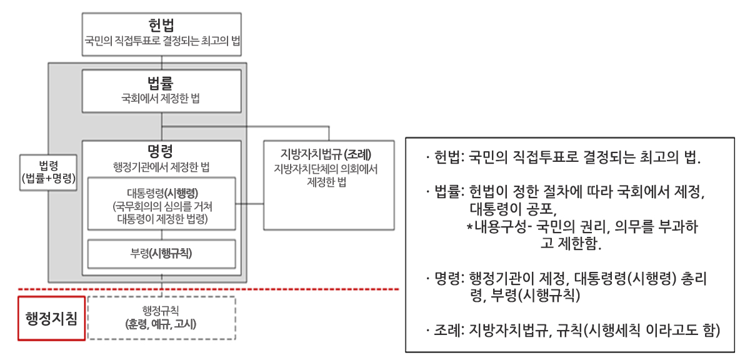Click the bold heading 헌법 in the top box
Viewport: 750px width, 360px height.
tap(161, 25)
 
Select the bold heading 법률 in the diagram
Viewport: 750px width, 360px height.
tap(161, 82)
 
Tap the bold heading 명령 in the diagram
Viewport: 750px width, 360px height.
tap(161, 151)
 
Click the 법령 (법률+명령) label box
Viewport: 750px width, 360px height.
tap(49, 172)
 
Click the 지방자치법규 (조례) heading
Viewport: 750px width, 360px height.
tap(326, 154)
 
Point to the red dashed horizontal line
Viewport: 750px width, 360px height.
tap(208, 289)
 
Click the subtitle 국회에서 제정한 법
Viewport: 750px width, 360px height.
tap(161, 99)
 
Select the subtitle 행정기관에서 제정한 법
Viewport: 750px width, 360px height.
tap(161, 167)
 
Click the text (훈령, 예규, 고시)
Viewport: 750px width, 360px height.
tap(161, 324)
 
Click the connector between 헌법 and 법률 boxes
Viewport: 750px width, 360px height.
tap(162, 62)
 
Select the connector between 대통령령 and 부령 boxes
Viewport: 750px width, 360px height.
tap(162, 235)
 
